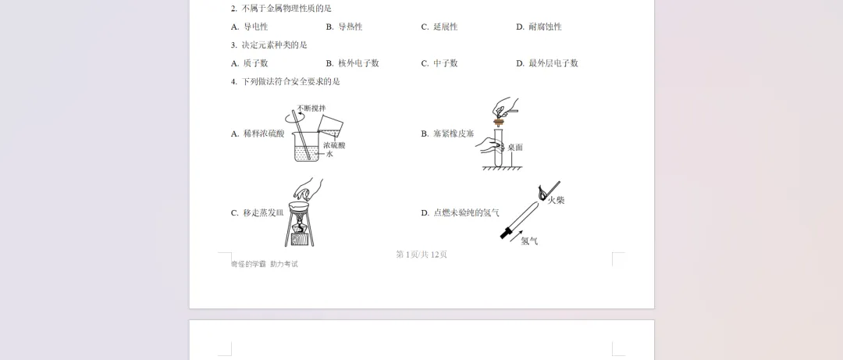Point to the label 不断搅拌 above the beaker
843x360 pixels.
tap(311, 109)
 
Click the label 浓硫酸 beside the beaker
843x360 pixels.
tap(334, 145)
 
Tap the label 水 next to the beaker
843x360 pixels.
tap(329, 155)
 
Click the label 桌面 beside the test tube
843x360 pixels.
tap(514, 147)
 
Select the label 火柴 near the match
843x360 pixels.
tap(556, 201)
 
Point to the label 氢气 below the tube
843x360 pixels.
tap(529, 241)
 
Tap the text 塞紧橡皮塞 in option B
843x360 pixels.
tap(454, 134)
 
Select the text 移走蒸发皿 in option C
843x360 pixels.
tap(264, 212)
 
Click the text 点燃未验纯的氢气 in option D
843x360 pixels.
tap(466, 212)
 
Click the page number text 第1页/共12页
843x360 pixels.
tap(421, 255)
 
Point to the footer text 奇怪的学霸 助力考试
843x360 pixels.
tap(264, 264)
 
